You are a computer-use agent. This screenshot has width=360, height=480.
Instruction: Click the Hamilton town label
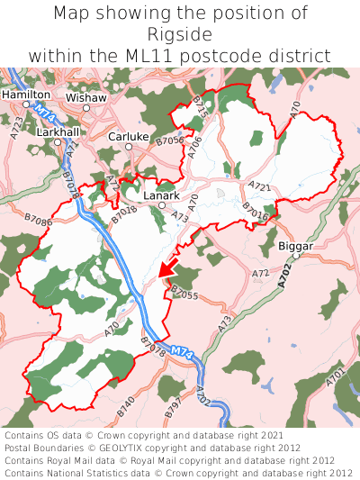pos(26,94)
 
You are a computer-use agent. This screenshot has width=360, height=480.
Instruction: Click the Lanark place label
pos(162,195)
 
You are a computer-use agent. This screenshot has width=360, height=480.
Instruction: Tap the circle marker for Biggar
pos(295,257)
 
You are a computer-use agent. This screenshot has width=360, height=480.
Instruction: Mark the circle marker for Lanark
pos(162,205)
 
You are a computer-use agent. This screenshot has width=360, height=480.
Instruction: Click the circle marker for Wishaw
pos(86,108)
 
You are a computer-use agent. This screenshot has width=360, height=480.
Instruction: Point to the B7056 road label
pos(169,140)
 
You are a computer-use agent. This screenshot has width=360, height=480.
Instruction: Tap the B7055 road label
pos(183,294)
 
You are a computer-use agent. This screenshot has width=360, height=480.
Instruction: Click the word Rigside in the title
pos(180,34)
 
